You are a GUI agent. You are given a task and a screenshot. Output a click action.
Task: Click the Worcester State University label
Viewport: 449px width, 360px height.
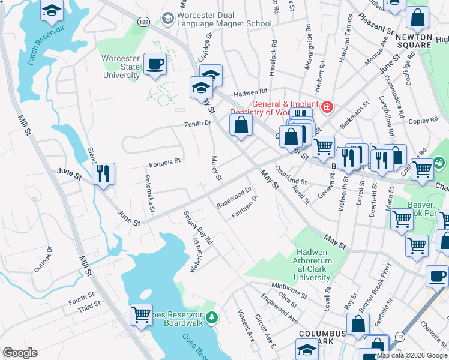122,66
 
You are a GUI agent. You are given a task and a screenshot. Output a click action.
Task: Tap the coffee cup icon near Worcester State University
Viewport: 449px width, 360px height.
155,64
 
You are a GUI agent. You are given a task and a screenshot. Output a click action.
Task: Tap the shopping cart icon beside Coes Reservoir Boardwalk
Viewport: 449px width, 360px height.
141,314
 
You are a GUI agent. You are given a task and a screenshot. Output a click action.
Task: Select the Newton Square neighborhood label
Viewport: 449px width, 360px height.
414,41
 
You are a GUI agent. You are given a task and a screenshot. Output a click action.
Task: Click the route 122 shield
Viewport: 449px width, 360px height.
144,21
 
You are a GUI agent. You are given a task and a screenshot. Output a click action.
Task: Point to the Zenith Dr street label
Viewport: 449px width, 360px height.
198,123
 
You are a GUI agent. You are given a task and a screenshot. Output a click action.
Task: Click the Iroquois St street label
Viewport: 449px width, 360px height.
165,162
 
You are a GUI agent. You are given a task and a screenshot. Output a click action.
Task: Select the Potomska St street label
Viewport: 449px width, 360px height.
149,194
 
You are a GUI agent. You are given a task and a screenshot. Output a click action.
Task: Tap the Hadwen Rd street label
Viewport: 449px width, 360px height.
250,92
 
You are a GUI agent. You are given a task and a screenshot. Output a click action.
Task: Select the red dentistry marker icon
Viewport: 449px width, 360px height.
327,108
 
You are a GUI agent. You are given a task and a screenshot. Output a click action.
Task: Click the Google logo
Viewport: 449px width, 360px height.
20,353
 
